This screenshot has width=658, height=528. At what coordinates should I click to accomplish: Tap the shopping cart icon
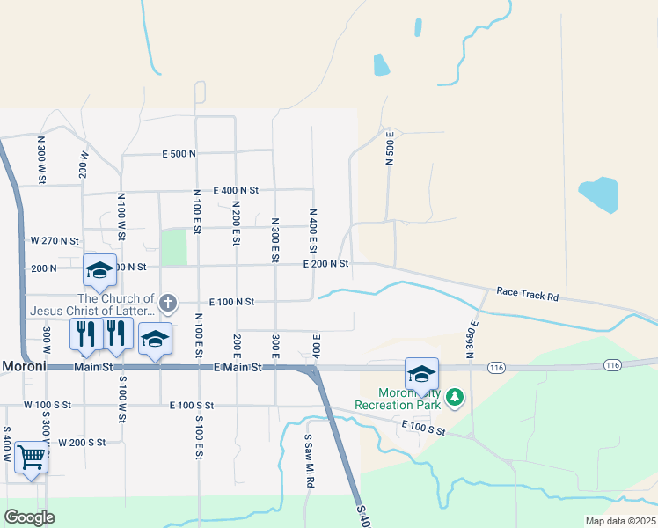pos(32,458)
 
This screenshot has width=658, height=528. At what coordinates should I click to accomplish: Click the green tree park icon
pos(455,398)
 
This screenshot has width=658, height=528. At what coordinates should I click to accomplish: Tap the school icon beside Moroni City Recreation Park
pos(421,373)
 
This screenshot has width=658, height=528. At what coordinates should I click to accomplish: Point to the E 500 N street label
pos(179,154)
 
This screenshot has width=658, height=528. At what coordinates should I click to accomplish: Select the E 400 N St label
pos(236,190)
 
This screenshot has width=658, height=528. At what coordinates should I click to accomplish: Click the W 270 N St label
pos(55,240)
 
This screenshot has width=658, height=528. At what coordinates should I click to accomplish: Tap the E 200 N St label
pos(326,264)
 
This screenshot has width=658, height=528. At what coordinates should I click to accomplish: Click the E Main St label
pos(238,368)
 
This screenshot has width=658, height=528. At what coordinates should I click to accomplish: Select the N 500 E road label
pos(390,148)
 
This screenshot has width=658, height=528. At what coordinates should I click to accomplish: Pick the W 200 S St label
pos(82,442)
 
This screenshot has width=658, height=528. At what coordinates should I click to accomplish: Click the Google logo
pos(29,517)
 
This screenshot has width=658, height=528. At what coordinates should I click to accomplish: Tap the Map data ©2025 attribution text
pos(618,521)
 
